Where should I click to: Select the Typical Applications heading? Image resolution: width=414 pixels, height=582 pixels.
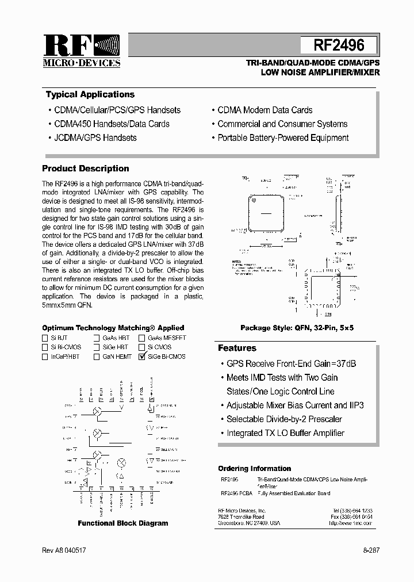click(90, 94)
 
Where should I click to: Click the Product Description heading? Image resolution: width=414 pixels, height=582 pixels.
click(86, 169)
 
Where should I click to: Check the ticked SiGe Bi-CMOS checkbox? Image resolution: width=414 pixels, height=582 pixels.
click(142, 357)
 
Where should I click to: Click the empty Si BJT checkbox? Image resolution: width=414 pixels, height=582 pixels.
click(45, 338)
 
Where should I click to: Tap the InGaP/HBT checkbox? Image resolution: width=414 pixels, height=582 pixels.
click(45, 357)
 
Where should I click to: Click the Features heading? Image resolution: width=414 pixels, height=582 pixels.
click(237, 348)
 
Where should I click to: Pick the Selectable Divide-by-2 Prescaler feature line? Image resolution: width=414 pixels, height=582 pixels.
click(284, 419)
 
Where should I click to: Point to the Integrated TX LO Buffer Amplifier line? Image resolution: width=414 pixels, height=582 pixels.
click(285, 433)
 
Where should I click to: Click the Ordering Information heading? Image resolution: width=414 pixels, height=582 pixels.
click(255, 468)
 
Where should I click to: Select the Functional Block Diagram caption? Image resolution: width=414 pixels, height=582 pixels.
click(123, 523)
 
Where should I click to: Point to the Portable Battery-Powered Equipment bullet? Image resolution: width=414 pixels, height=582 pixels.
click(283, 137)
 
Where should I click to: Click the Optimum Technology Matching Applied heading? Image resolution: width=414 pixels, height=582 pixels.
click(113, 328)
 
